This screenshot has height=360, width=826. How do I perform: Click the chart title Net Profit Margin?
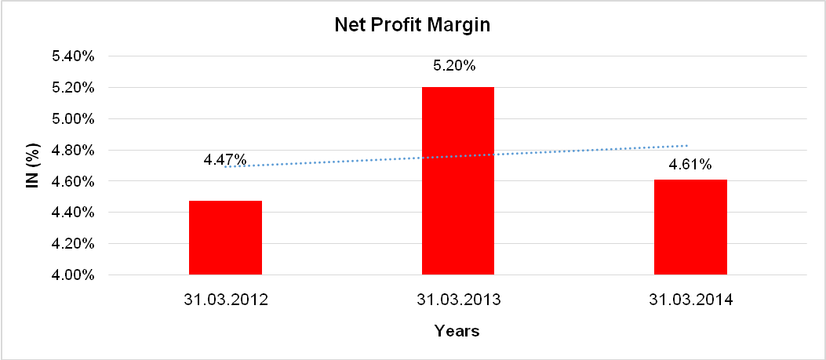click(x=412, y=25)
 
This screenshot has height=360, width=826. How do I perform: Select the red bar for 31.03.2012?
click(x=225, y=238)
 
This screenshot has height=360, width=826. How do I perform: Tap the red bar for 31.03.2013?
click(x=458, y=181)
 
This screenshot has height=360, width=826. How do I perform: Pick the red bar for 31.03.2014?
click(x=690, y=227)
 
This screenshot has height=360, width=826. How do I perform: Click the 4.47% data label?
click(x=224, y=160)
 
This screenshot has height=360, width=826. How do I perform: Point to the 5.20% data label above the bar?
click(x=454, y=66)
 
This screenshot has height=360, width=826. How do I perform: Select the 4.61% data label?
click(x=690, y=165)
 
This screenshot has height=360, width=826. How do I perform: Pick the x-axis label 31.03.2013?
click(x=458, y=300)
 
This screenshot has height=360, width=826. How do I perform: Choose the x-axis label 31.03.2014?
click(x=690, y=300)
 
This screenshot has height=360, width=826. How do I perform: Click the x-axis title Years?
click(x=457, y=331)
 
